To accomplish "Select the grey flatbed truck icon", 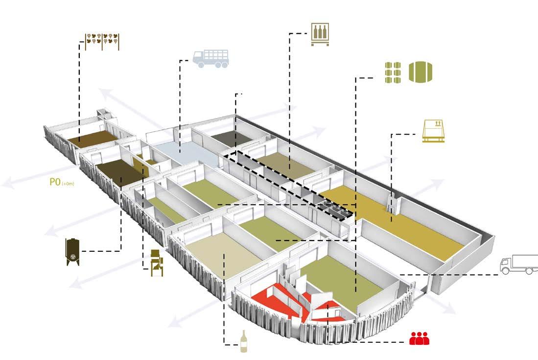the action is (x=211, y=59).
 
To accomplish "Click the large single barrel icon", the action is (x=421, y=72).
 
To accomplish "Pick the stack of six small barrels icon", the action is (x=392, y=72).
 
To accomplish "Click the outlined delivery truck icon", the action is (x=518, y=264).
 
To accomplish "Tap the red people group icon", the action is (x=419, y=338).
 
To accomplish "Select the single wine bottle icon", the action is (x=243, y=341).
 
